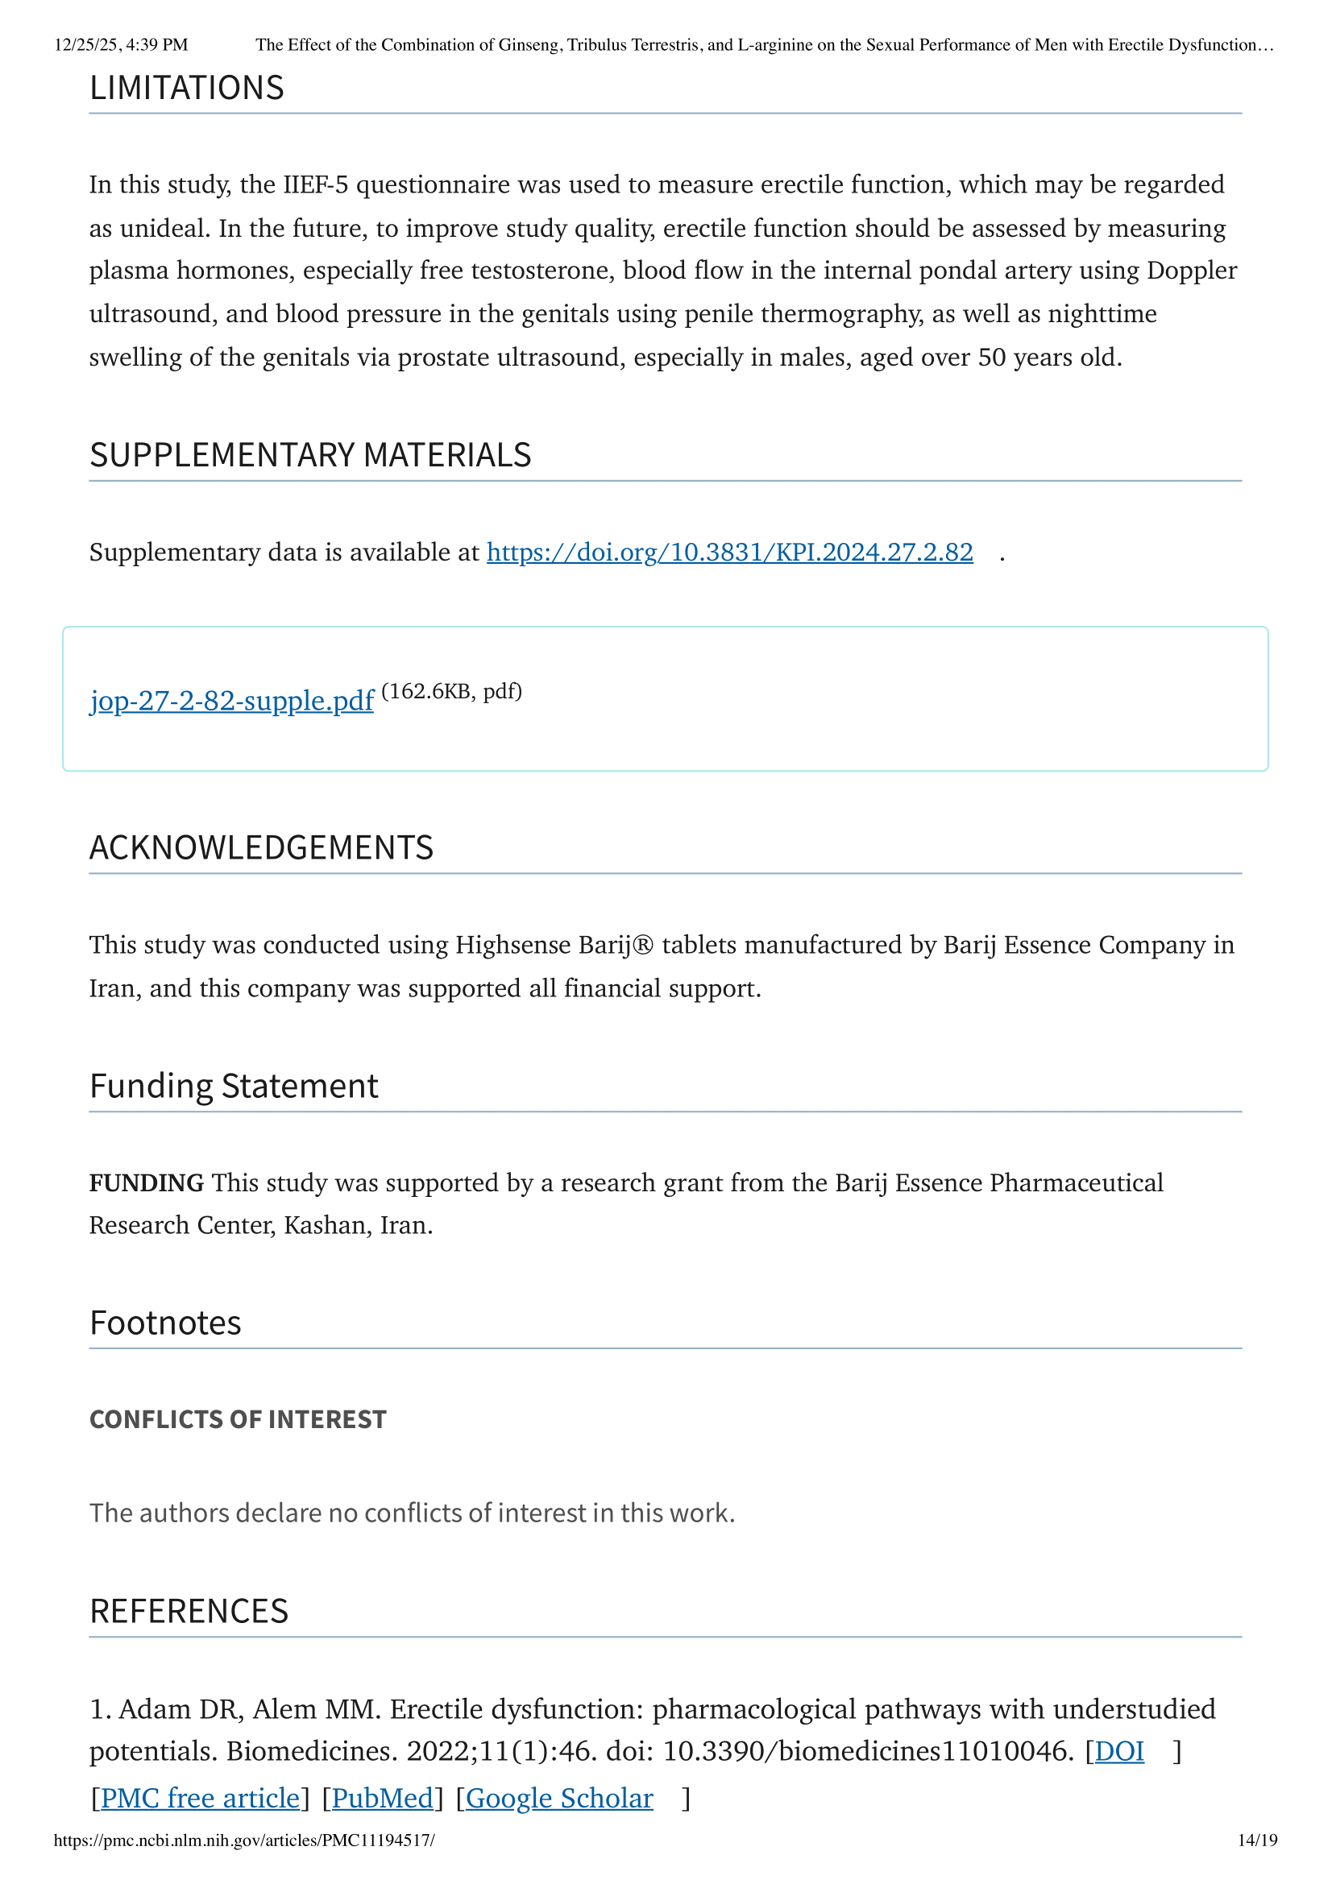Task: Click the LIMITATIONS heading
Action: click(186, 88)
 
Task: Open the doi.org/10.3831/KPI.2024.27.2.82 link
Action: click(728, 552)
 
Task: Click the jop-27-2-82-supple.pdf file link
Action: click(231, 700)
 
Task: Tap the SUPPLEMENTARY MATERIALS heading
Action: click(310, 454)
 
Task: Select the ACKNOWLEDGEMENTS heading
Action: click(261, 847)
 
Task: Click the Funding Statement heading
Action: click(234, 1086)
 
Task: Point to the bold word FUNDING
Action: click(146, 1182)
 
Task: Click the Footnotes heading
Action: click(165, 1323)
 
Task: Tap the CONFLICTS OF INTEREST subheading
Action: click(238, 1419)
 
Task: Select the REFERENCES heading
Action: click(189, 1611)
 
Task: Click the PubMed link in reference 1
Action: click(382, 1797)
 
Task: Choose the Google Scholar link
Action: click(559, 1797)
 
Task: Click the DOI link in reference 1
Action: click(1118, 1750)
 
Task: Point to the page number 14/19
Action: click(1257, 1840)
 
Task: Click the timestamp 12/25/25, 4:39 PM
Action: click(121, 44)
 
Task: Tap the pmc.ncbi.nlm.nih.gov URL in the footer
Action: click(243, 1840)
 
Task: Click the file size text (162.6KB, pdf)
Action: click(451, 691)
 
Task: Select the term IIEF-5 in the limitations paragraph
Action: click(315, 184)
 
